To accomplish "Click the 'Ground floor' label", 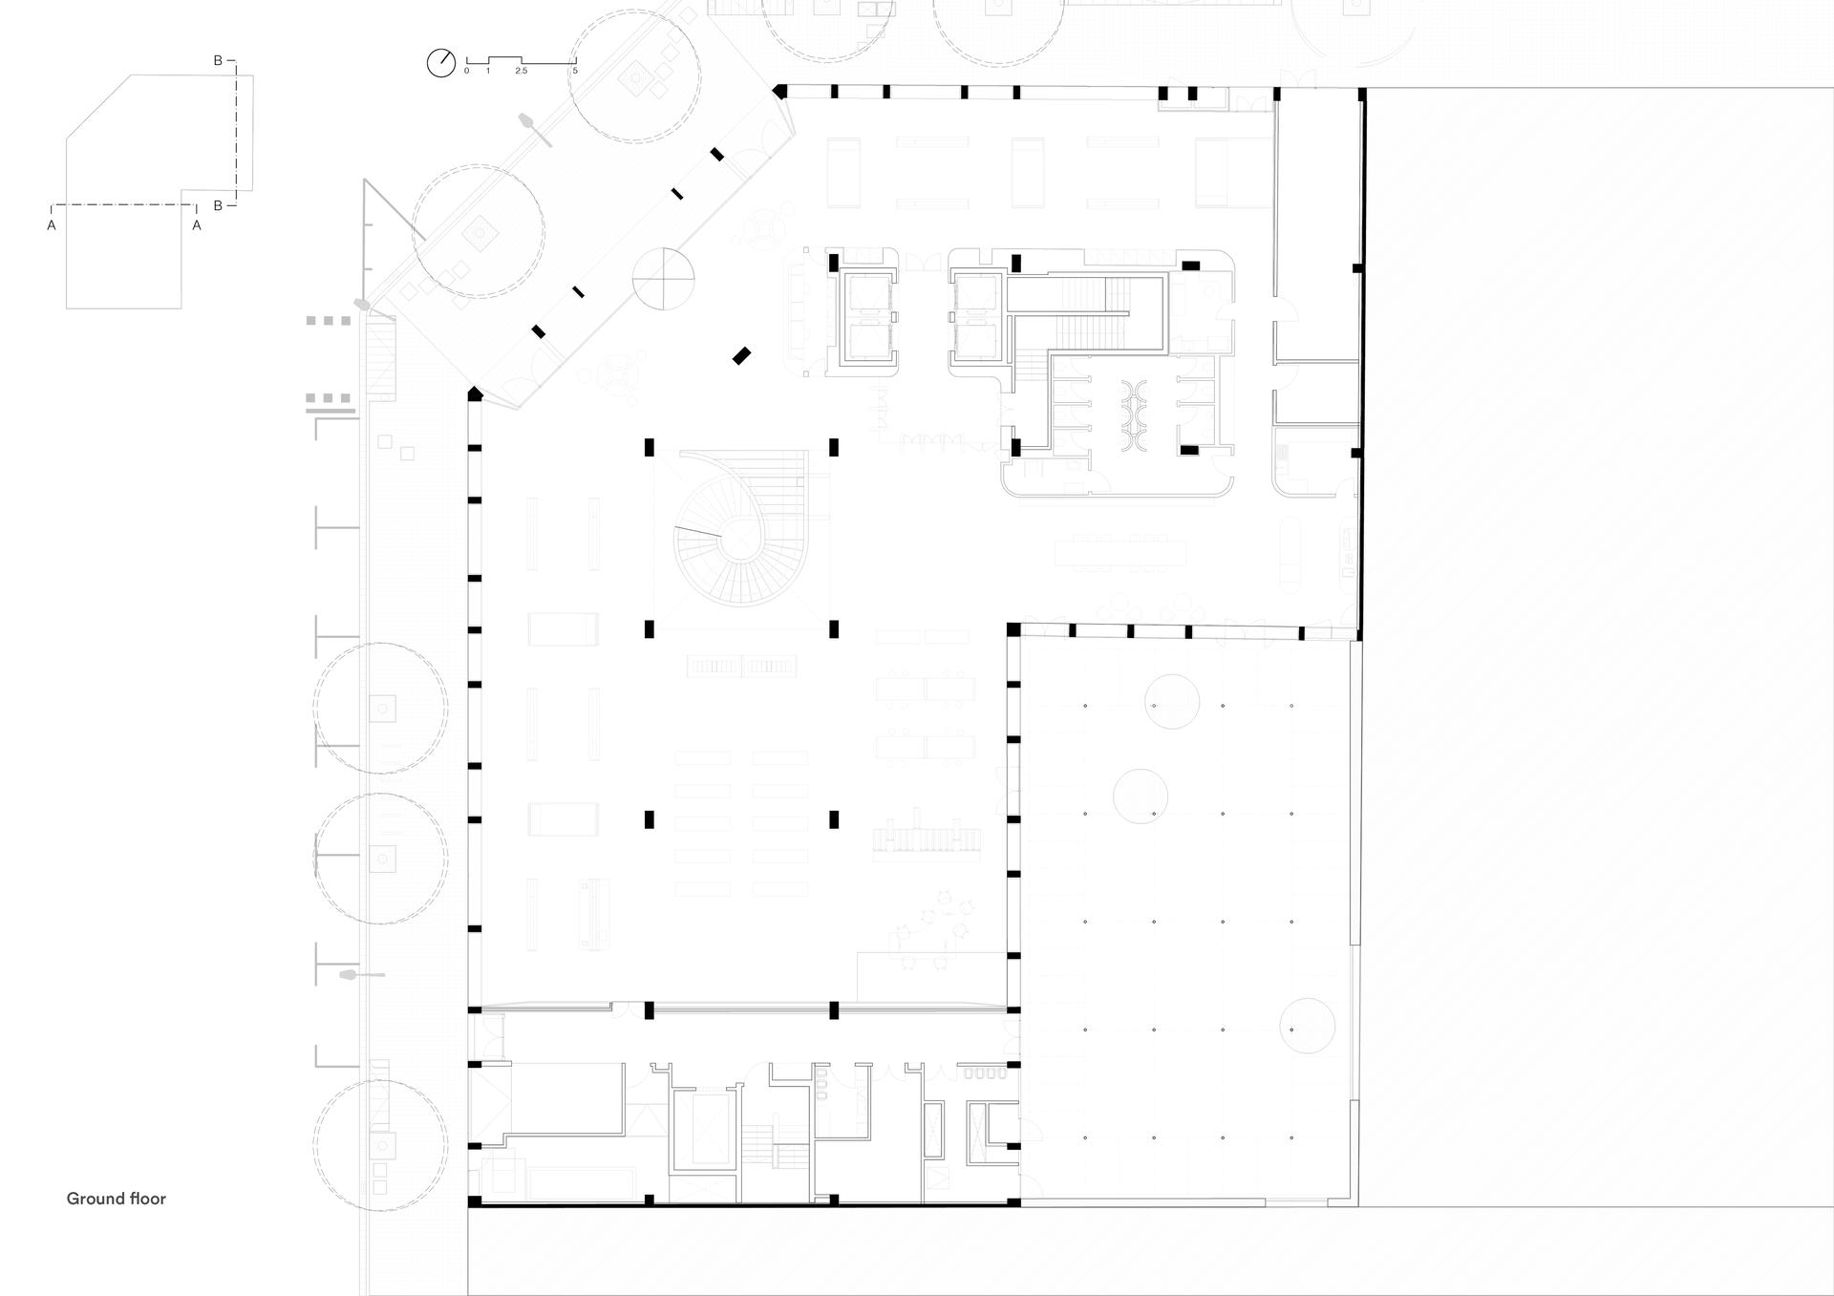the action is (x=116, y=1199).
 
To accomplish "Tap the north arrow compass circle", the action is (x=441, y=63).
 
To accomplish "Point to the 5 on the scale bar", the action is (x=575, y=72).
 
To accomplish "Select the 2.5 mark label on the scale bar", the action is (x=521, y=72).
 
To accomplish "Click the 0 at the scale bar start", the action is (x=467, y=72).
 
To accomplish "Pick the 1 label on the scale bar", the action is (x=488, y=72).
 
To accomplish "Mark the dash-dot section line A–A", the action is (x=124, y=205).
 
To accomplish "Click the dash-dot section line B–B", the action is (x=236, y=133).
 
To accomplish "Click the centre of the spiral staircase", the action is (x=736, y=542).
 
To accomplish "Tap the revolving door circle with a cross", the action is (x=663, y=279).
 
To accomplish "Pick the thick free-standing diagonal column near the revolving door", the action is (x=741, y=356).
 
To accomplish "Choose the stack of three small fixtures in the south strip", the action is (x=821, y=1084).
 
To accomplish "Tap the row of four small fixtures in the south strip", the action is (x=986, y=1073).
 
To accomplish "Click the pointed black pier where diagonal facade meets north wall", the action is (x=780, y=92).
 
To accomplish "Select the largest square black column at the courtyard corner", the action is (x=1013, y=629).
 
